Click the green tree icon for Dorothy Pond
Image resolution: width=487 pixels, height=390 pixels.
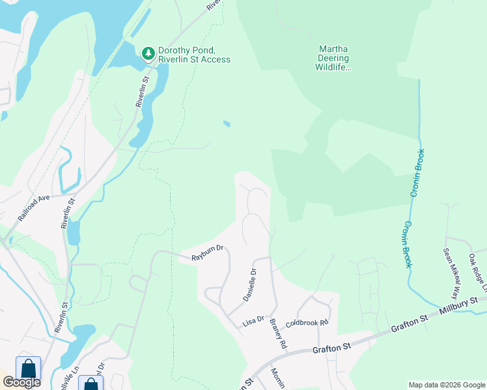[x=148, y=52]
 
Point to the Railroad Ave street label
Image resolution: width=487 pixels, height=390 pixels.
[x=34, y=207]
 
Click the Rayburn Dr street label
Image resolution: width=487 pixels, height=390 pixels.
[x=207, y=253]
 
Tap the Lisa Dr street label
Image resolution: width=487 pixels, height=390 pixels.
[x=253, y=320]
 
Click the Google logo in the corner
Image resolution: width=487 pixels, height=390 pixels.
[x=21, y=382]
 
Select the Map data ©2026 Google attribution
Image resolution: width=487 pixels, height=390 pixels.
[x=446, y=385]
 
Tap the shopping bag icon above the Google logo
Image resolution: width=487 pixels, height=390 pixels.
[x=28, y=368]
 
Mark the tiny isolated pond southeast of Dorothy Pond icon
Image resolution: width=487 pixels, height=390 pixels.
[x=226, y=123]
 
